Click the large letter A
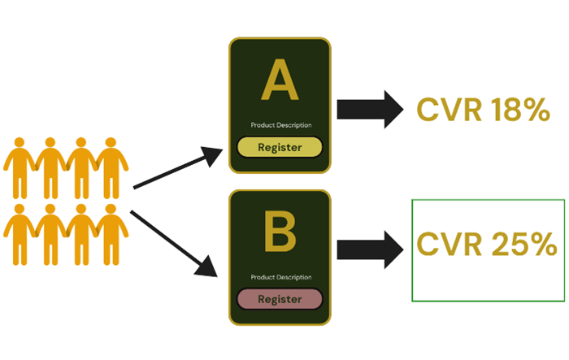coord(280,85)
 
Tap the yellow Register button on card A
coord(280,147)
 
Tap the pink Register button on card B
coord(280,299)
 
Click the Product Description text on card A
coord(280,125)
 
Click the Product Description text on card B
coord(280,278)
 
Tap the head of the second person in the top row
coord(51,143)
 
